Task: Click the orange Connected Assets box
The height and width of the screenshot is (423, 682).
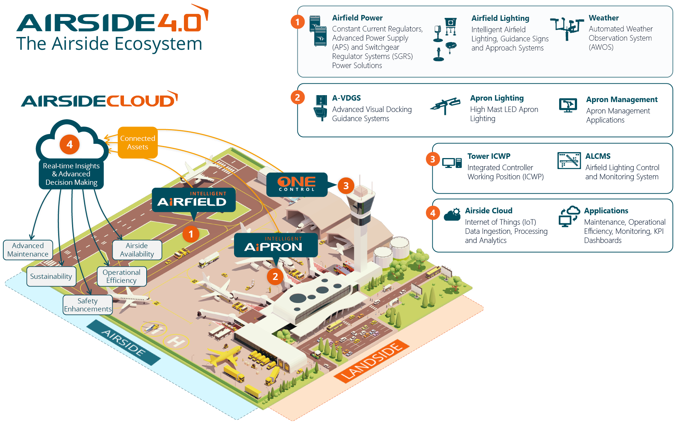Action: [137, 143]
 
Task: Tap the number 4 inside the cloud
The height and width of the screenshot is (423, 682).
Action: [69, 145]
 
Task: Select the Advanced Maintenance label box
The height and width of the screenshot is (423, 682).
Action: [28, 250]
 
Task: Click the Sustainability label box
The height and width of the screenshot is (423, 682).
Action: [51, 276]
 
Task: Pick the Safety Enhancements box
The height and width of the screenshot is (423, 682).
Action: [87, 305]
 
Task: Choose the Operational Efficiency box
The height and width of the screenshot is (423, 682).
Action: [121, 276]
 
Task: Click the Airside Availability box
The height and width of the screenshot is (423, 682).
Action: [137, 250]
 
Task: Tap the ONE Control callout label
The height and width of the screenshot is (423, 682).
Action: [296, 184]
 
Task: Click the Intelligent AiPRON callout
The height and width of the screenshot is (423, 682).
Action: [275, 245]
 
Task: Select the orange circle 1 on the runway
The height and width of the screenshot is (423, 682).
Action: [191, 234]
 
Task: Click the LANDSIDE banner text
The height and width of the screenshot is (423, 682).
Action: [372, 361]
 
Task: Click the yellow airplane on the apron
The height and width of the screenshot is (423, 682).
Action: [224, 355]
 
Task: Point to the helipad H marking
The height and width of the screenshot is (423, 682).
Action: [176, 342]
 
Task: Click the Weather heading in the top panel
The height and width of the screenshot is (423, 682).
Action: [603, 18]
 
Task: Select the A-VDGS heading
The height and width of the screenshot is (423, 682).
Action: [346, 98]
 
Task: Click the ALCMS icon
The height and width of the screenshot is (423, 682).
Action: [569, 161]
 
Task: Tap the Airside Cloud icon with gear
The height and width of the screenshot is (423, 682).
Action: [452, 214]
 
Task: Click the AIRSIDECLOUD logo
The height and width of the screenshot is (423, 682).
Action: [99, 100]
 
